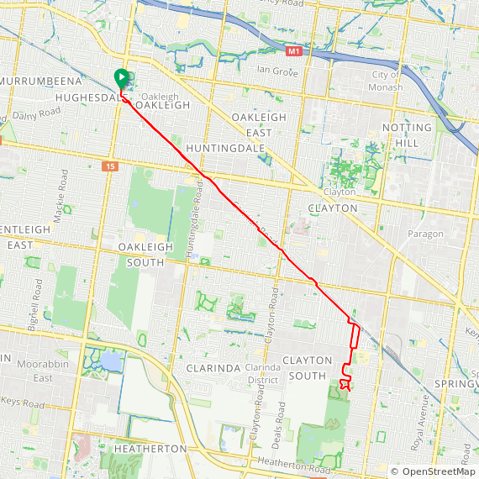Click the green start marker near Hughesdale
[x=121, y=79]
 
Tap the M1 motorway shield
[x=292, y=52]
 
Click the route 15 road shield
[x=112, y=166]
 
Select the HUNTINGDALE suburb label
[x=226, y=148]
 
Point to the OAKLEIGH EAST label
[x=259, y=124]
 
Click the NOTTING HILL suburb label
[x=407, y=135]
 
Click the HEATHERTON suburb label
[x=150, y=449]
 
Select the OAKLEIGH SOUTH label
[x=145, y=255]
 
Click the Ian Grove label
[x=277, y=72]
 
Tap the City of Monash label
[x=386, y=82]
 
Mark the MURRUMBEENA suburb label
[x=40, y=81]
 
